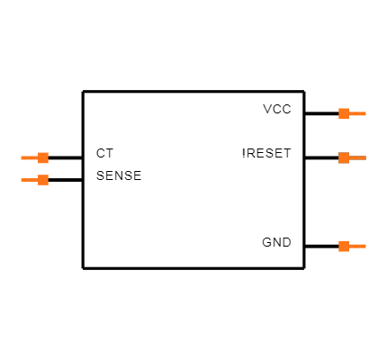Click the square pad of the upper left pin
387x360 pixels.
43,157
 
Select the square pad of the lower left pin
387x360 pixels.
43,180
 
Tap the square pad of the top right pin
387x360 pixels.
344,113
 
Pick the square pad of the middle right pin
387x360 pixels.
344,157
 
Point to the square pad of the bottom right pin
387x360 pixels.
344,246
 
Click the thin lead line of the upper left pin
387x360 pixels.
29,157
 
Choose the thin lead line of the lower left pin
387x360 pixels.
29,180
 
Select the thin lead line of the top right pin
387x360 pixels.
357,113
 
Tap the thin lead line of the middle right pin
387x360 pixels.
357,157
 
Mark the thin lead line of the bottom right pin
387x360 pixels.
357,246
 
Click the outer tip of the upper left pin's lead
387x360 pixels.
22,157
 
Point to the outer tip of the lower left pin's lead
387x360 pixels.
22,180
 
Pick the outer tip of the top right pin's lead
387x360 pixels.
365,113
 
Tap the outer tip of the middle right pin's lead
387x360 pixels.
365,157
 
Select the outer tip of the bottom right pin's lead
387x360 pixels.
365,246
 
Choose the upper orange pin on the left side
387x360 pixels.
35,157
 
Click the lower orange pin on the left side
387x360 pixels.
35,180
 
